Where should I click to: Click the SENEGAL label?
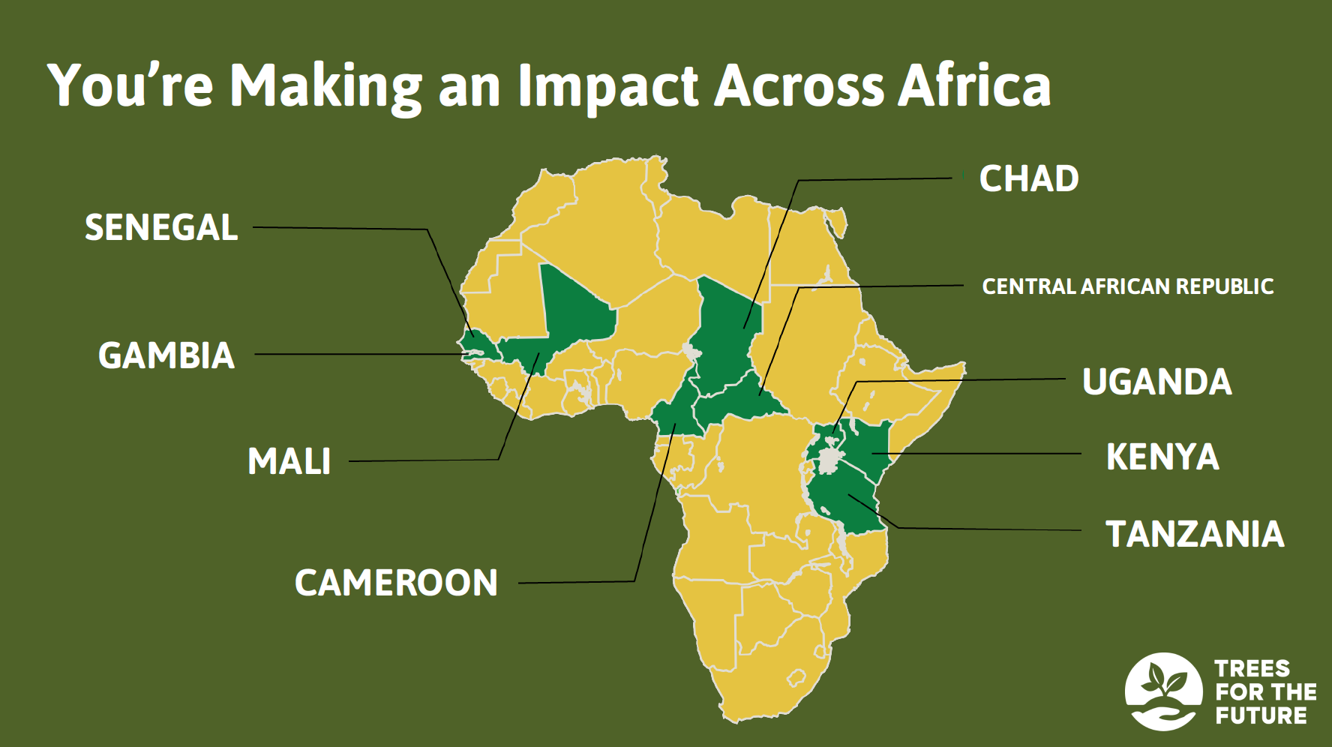161,227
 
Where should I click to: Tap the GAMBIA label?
166,355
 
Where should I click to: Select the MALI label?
289,461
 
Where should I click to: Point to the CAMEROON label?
396,583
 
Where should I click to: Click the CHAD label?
1029,178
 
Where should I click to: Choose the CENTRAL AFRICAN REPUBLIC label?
1128,286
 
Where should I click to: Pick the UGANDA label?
1157,382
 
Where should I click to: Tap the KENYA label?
1162,457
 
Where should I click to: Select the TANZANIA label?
1195,534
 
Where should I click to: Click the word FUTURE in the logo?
1261,715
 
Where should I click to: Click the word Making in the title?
325,87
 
